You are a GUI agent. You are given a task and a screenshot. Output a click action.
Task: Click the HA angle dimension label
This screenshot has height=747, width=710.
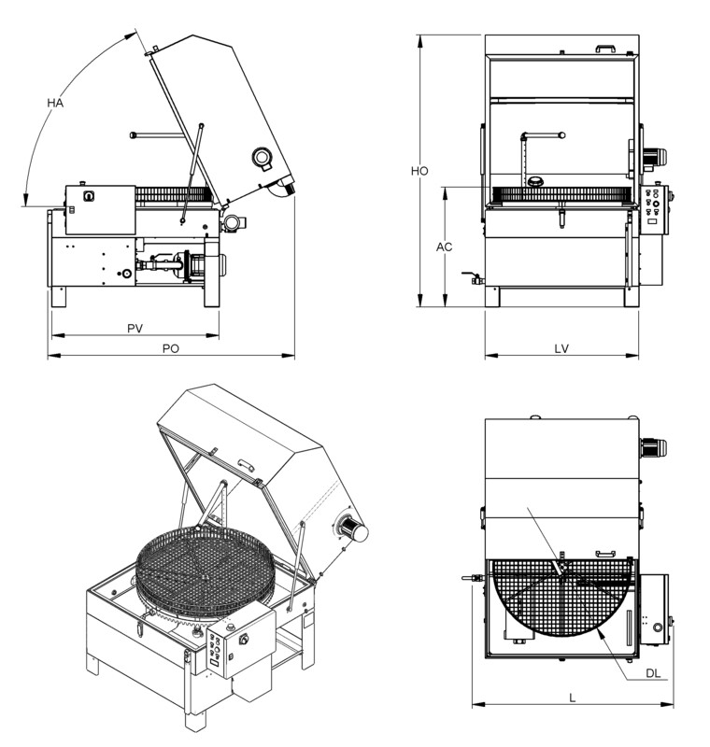pos(55,103)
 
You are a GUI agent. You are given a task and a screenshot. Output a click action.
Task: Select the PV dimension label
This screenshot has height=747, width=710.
pos(135,329)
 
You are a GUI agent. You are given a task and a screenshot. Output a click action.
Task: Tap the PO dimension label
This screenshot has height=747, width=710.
pos(171,348)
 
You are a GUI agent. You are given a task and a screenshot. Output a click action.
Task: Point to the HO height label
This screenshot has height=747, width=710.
pos(419,171)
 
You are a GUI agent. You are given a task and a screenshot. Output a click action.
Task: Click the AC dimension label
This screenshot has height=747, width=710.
pos(444,247)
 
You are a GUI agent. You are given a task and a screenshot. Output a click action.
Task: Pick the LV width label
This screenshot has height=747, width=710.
pos(561,348)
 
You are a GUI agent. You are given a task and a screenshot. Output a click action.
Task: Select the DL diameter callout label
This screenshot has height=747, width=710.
pos(653,673)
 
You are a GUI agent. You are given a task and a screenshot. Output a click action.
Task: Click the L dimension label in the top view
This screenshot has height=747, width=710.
pos(573,698)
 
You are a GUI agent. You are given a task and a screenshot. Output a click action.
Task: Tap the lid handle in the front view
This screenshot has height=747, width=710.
pos(606,49)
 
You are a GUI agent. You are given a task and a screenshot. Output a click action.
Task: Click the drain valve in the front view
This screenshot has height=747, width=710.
pos(473,277)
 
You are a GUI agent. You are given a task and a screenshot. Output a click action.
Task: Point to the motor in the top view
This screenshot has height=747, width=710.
pos(653,448)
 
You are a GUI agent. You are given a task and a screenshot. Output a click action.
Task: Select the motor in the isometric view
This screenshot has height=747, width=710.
pos(351,529)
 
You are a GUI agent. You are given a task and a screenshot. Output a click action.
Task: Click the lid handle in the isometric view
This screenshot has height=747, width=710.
pos(246,464)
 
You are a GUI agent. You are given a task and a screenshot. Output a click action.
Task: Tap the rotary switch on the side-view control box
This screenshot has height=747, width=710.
pos(89,196)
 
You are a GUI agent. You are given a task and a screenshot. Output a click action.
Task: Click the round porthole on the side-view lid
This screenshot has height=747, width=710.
pos(262,156)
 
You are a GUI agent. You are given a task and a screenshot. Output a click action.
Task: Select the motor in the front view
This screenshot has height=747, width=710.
pos(654,157)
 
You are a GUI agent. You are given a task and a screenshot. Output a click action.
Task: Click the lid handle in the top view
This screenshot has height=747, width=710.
pos(605,553)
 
